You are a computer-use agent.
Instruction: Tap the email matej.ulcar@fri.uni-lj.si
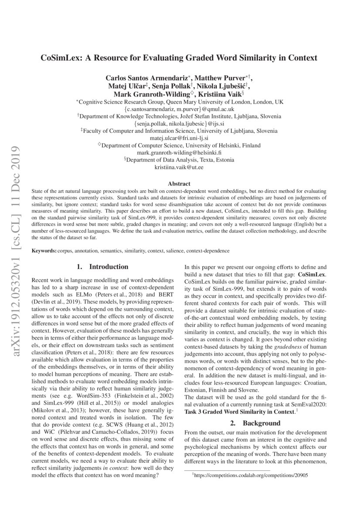coord(180,138)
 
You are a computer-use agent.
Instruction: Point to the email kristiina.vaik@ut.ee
coord(180,167)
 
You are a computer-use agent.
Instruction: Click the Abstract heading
coord(180,184)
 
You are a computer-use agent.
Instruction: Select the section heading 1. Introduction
coord(102,266)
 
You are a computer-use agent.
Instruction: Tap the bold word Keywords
coord(44,251)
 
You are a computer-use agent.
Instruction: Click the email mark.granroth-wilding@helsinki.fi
coord(180,152)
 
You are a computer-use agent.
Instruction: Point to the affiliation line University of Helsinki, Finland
coord(180,145)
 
